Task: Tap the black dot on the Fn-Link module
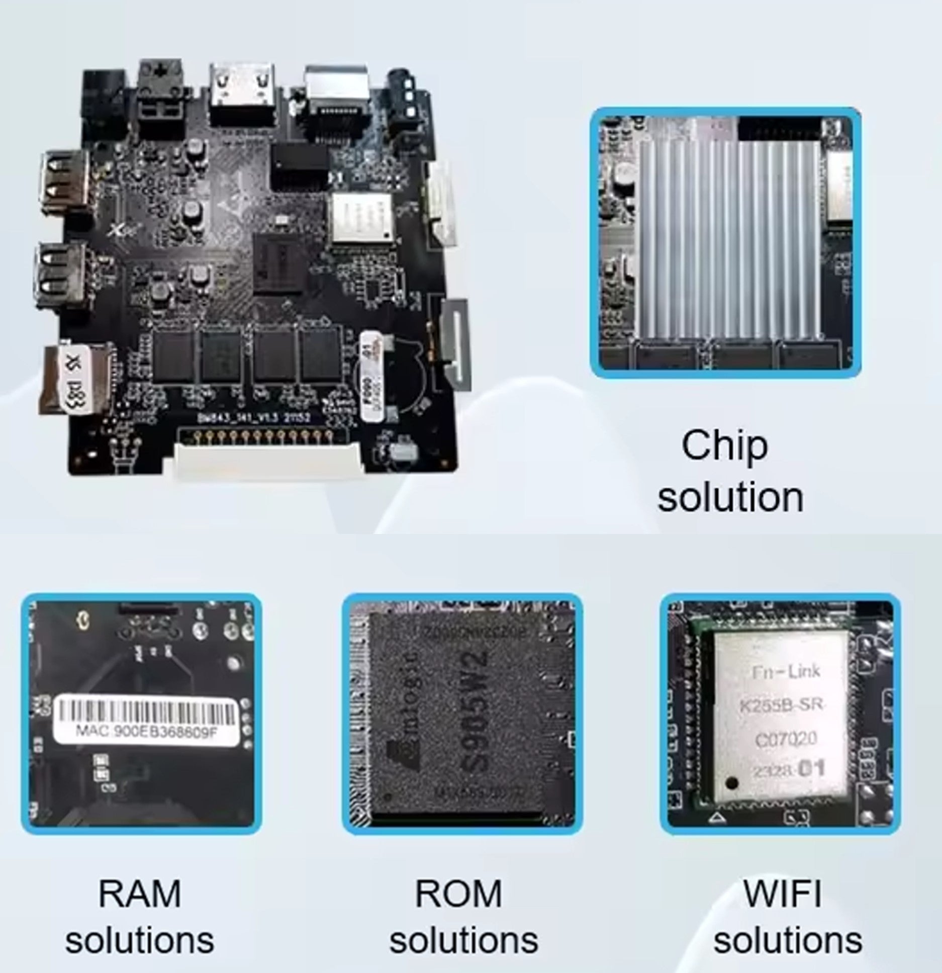(x=732, y=783)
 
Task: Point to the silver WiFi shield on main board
(x=360, y=216)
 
